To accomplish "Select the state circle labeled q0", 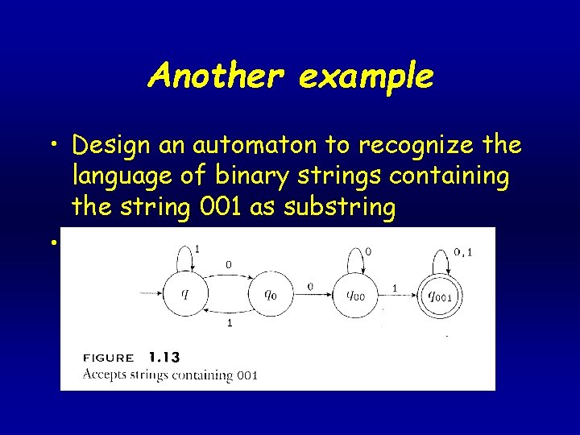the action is click(x=271, y=293).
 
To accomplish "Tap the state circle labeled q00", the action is click(x=354, y=295).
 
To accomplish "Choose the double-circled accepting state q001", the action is click(x=439, y=296).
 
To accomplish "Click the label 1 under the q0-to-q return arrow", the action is click(x=229, y=323).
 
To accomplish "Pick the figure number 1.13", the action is click(x=165, y=357).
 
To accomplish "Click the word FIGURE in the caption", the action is click(x=109, y=358).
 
